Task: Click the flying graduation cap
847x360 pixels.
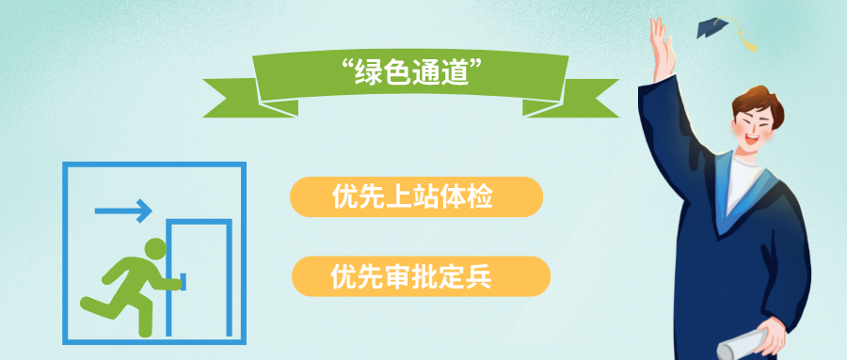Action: click(x=714, y=26)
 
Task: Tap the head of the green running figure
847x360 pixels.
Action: click(x=155, y=249)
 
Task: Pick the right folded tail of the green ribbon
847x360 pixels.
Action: click(x=587, y=97)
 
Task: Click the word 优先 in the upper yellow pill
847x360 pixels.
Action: click(x=360, y=197)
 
